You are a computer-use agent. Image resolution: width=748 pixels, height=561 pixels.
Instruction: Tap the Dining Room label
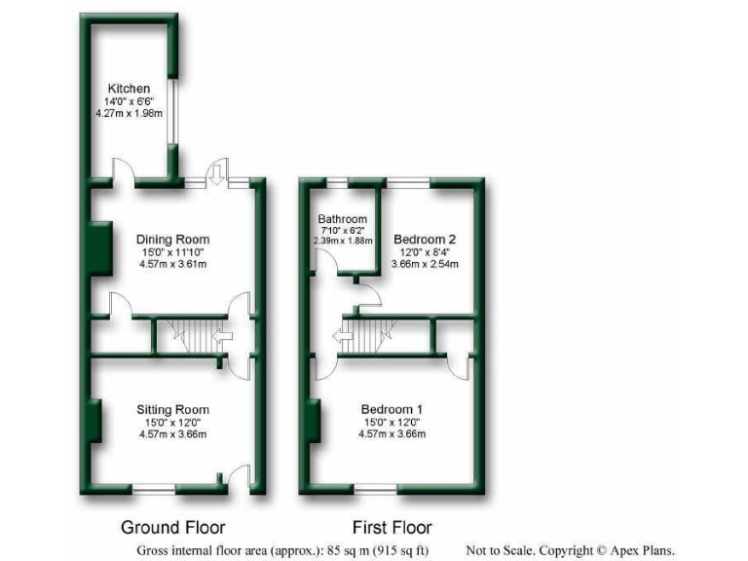(172, 240)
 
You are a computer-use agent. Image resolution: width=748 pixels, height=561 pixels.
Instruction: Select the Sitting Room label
(172, 409)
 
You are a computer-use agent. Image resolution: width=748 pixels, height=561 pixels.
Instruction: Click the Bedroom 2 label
(424, 238)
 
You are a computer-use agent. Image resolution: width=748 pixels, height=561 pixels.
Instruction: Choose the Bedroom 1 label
(393, 409)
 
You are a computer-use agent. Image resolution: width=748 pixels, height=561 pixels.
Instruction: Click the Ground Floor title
(172, 528)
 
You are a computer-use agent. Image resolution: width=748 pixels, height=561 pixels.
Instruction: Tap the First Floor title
(393, 528)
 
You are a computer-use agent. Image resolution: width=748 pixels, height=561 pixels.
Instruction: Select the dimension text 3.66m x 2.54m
(424, 264)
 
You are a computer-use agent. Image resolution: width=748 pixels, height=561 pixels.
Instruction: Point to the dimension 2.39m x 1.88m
(342, 241)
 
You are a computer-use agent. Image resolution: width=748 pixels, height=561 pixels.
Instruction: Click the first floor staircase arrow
(341, 339)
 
